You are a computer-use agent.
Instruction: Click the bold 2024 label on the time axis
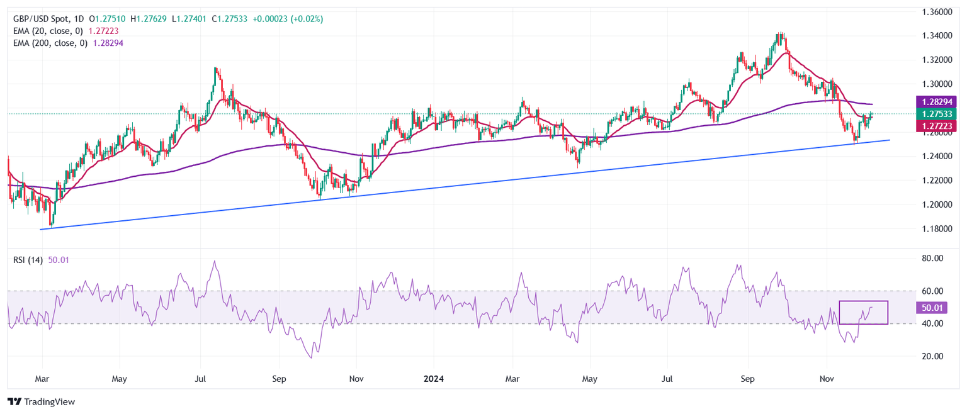[434, 379]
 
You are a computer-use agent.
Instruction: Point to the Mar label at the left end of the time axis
[43, 379]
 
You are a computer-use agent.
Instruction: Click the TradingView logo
[41, 402]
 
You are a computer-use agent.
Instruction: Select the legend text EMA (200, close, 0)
[50, 43]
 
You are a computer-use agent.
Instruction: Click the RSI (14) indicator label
[28, 260]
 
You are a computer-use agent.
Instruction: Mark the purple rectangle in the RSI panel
[863, 312]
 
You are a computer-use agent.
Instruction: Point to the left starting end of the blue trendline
[41, 229]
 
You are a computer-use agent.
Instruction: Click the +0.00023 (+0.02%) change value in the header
[288, 19]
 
